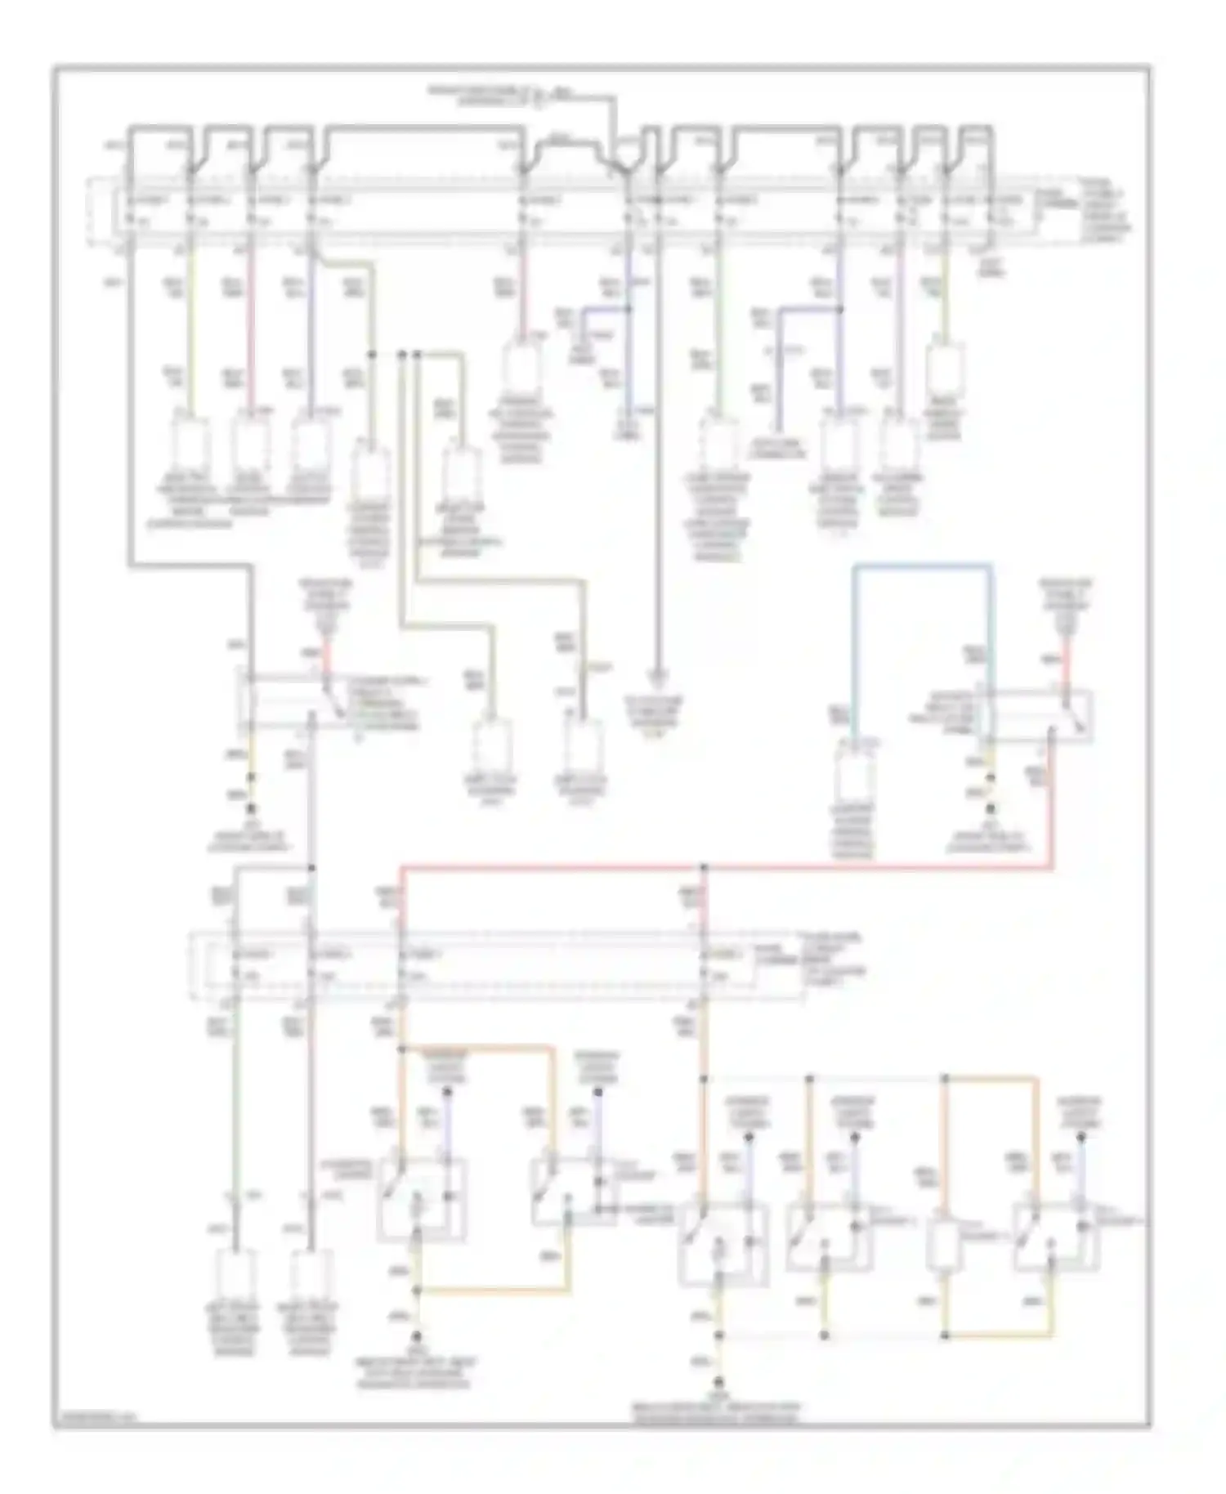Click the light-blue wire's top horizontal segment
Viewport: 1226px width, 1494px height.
(922, 565)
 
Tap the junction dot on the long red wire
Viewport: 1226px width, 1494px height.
(704, 866)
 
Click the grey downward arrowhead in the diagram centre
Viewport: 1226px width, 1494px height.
(657, 677)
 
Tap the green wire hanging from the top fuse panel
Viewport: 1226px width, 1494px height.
(718, 343)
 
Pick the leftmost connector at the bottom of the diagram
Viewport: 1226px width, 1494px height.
(235, 1277)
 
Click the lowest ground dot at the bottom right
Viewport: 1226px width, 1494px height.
(718, 1383)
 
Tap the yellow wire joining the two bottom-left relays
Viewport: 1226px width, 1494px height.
(490, 1291)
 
